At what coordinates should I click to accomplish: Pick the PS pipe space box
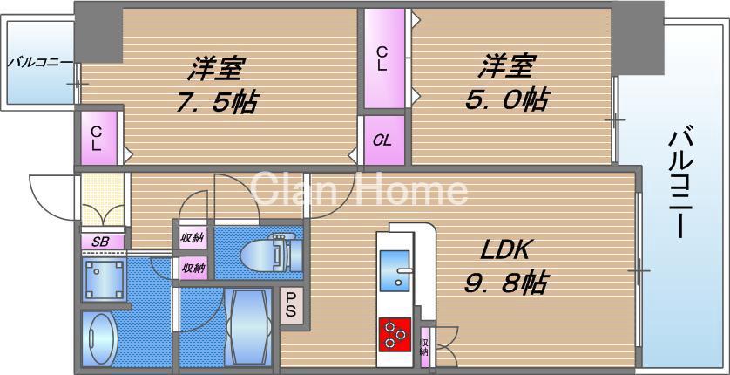291,305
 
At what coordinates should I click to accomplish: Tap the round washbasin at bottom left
101,338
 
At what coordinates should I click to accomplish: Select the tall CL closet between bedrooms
383,58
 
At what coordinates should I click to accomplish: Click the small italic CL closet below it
382,140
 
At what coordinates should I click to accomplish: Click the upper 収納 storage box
193,237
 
